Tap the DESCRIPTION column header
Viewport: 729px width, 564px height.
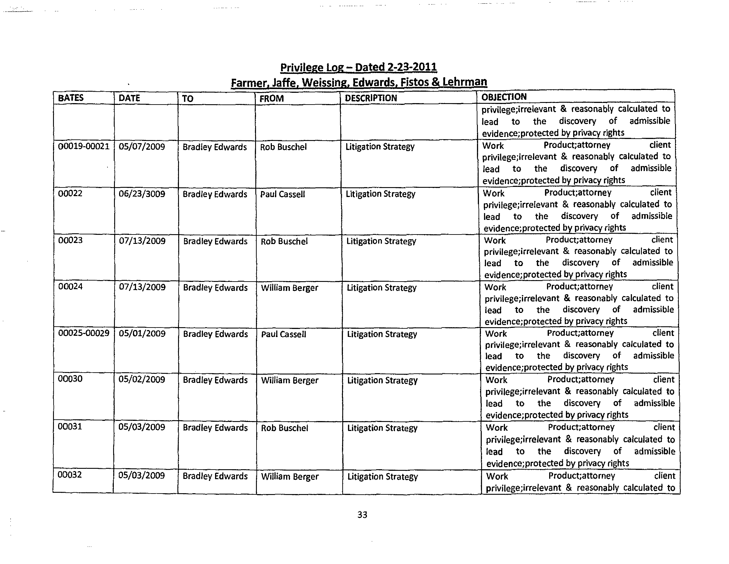[x=370, y=98]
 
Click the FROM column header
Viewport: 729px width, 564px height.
[x=271, y=98]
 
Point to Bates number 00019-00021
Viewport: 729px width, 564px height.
[x=83, y=146]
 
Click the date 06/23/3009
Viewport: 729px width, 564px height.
[x=142, y=194]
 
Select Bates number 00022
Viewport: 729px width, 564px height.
[x=70, y=193]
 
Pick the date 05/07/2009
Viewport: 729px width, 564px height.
[x=142, y=147]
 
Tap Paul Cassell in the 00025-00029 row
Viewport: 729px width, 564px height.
[x=283, y=334]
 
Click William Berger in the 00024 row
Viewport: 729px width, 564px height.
[x=289, y=288]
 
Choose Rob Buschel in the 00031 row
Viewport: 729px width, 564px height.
[x=284, y=428]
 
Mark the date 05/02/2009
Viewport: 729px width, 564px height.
[x=142, y=380]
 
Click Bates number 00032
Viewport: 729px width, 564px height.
[x=69, y=475]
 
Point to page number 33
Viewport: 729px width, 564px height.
[x=362, y=515]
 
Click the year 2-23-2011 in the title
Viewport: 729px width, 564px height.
[x=412, y=67]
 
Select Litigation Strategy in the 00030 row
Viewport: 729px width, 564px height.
[x=382, y=381]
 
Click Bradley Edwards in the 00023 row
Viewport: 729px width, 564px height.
[x=215, y=241]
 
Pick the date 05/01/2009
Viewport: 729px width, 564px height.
[x=142, y=334]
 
